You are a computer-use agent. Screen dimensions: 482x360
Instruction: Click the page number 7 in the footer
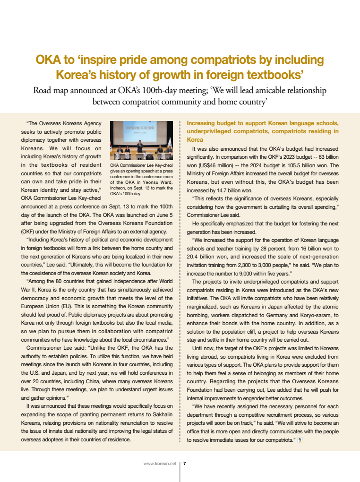tap(185, 464)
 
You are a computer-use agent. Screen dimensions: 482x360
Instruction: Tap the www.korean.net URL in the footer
tap(160, 464)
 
